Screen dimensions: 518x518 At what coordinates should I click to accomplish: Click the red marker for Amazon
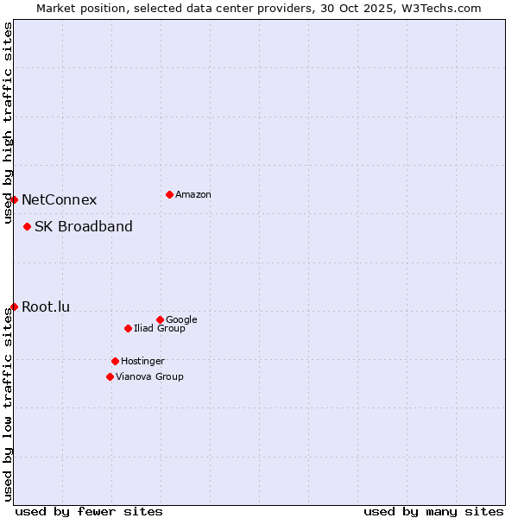[169, 194]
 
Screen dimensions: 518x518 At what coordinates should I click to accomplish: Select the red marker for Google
[160, 319]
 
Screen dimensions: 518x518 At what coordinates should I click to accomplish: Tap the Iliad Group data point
[128, 328]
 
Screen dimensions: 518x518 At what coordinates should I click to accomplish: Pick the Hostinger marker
[115, 361]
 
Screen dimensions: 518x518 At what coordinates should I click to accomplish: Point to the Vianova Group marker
[110, 376]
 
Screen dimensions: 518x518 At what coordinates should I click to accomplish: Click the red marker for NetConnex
[14, 199]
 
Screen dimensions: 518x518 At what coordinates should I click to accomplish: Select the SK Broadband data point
[27, 226]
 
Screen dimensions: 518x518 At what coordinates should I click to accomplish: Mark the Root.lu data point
[14, 306]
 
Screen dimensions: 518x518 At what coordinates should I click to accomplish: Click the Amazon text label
[193, 195]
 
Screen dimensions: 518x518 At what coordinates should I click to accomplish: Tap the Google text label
[181, 320]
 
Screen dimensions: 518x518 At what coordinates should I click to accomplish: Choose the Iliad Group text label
[160, 329]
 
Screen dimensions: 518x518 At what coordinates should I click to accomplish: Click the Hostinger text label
[142, 362]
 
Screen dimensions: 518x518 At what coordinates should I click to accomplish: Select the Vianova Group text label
[149, 377]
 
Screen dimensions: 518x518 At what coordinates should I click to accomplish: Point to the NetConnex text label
[59, 200]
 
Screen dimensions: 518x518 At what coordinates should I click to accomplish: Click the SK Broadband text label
[84, 227]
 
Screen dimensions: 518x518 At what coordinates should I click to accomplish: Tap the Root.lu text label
[46, 307]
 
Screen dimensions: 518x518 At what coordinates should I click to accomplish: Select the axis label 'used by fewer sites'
[89, 511]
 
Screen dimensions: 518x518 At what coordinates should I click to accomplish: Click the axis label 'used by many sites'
[433, 511]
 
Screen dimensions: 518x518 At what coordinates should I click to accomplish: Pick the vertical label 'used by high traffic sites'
[8, 123]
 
